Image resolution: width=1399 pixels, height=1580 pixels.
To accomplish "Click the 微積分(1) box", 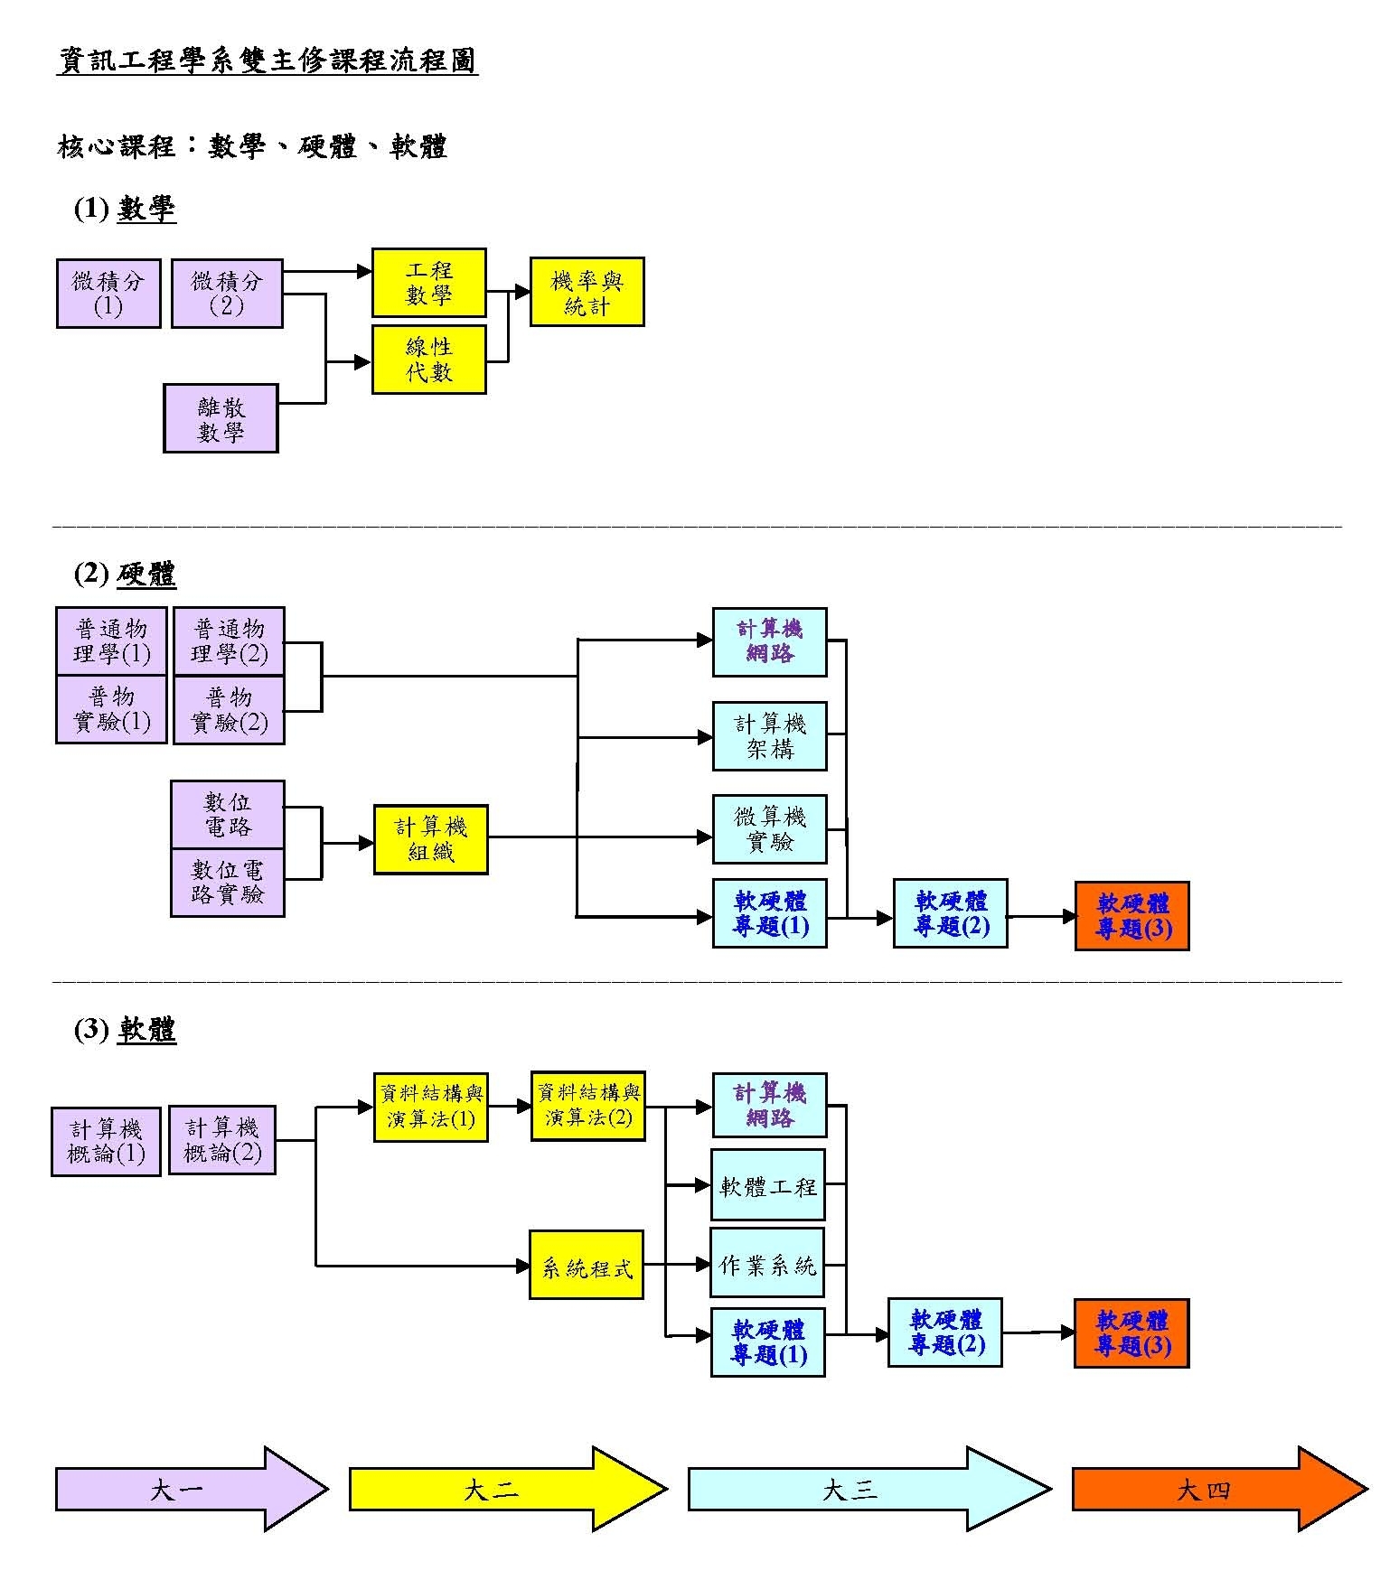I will (x=108, y=294).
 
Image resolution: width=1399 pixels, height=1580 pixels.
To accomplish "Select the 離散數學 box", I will (x=221, y=418).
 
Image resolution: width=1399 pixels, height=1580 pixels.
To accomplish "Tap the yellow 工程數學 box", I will (x=428, y=283).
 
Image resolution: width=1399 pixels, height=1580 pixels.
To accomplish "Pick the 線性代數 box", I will (x=428, y=360).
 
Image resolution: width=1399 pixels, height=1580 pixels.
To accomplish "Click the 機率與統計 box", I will (x=587, y=292).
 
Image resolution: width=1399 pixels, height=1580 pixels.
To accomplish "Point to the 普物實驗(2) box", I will (x=229, y=710).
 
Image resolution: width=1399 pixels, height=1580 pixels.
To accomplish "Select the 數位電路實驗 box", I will (x=228, y=883).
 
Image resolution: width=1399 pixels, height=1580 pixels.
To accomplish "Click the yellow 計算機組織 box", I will (x=430, y=839).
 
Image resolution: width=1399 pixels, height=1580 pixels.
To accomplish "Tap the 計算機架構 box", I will (x=769, y=735).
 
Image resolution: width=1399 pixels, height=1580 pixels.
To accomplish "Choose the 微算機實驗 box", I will (x=769, y=829).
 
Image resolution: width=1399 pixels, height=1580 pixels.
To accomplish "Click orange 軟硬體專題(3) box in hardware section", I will (x=1131, y=916).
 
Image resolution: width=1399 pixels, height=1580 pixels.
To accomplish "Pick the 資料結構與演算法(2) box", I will (x=587, y=1106).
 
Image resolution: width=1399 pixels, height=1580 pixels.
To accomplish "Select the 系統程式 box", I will (x=586, y=1265).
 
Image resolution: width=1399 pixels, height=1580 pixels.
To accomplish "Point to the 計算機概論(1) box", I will (x=106, y=1141).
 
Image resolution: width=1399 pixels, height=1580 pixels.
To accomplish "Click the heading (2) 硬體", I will (x=125, y=574).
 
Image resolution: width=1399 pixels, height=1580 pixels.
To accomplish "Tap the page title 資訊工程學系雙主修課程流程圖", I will (x=268, y=61).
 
